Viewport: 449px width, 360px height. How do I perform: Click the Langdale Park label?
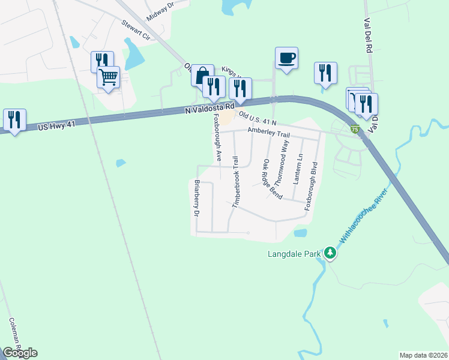point(294,254)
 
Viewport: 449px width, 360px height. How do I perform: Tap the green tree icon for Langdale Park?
point(330,253)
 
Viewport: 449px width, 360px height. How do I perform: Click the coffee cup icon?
point(286,58)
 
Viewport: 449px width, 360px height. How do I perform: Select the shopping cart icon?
point(109,77)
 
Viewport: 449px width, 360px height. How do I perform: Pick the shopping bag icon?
point(202,75)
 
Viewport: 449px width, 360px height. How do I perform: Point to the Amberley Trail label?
point(270,134)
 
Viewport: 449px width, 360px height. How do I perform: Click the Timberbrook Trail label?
point(236,182)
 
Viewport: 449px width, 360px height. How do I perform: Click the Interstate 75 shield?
point(355,129)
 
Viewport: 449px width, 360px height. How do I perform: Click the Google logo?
point(20,352)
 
